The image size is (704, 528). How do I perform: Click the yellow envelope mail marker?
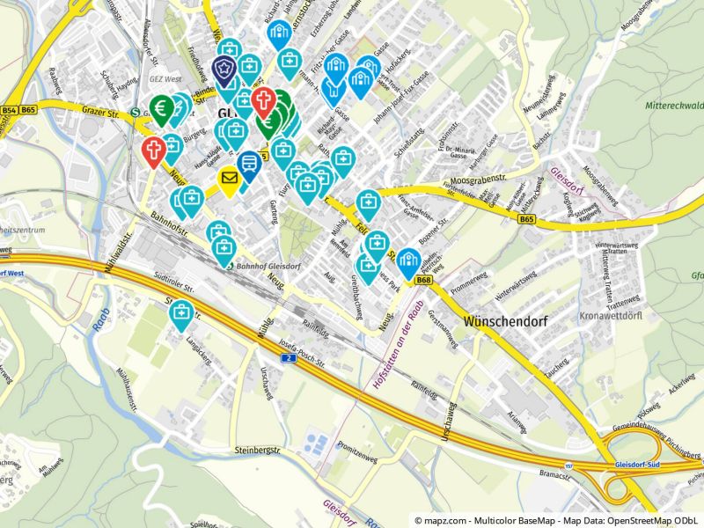[x=229, y=180]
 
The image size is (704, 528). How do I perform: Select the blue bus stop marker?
[x=249, y=165]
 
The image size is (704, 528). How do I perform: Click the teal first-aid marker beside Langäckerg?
[x=182, y=312]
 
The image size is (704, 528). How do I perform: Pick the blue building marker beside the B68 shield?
[x=407, y=260]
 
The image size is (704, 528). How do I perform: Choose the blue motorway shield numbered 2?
[x=288, y=358]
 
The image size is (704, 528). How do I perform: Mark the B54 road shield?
[x=10, y=110]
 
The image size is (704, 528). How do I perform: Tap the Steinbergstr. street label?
[x=256, y=451]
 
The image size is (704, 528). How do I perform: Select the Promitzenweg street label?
[x=356, y=446]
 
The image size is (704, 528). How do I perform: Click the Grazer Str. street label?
[x=99, y=114]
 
